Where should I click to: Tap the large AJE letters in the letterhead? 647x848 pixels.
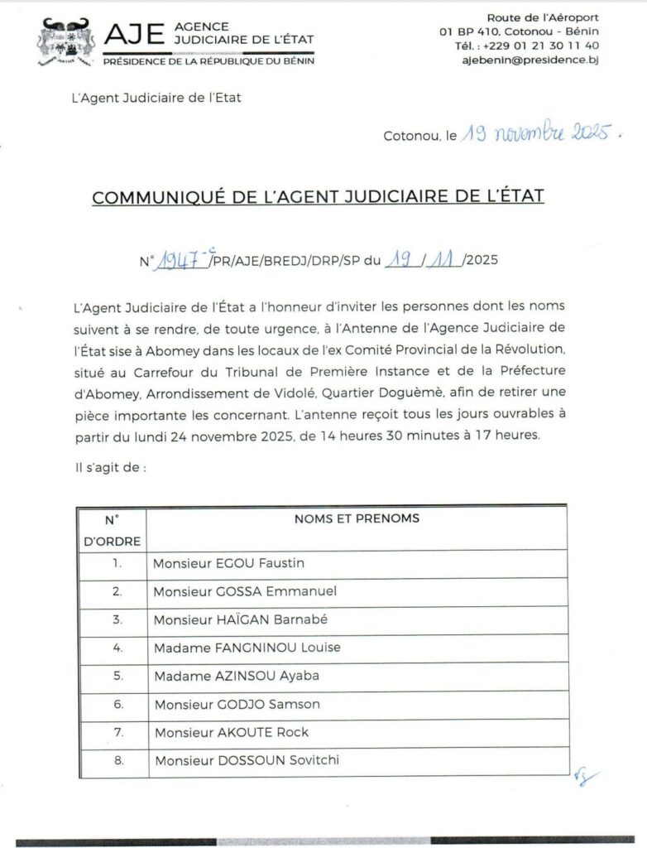pos(136,34)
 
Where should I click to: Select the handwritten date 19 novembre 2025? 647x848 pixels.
pos(538,133)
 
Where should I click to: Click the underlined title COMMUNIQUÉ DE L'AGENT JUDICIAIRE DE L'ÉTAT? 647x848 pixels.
pos(318,197)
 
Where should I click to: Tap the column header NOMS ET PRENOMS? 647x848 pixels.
pos(357,519)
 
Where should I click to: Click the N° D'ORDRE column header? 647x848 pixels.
pos(113,531)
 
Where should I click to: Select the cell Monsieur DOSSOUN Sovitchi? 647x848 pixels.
pos(247,760)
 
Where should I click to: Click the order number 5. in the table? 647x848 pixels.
pos(117,676)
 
